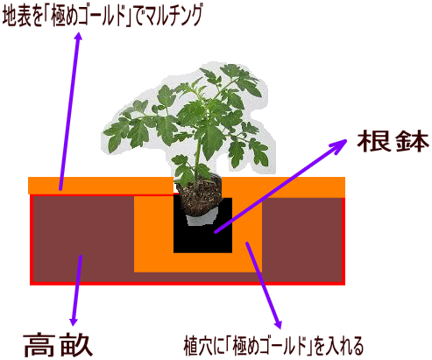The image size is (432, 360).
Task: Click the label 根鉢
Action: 393,141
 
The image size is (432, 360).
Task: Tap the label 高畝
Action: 58,345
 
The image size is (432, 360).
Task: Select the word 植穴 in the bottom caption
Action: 196,346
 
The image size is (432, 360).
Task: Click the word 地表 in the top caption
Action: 16,17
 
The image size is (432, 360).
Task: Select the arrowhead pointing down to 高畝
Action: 74,321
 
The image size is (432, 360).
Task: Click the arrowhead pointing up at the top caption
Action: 78,37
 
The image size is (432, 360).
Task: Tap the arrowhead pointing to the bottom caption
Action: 279,323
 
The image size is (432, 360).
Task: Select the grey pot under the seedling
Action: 202,217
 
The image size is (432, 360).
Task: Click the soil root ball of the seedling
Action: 199,194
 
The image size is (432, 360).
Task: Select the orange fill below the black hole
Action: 198,263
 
